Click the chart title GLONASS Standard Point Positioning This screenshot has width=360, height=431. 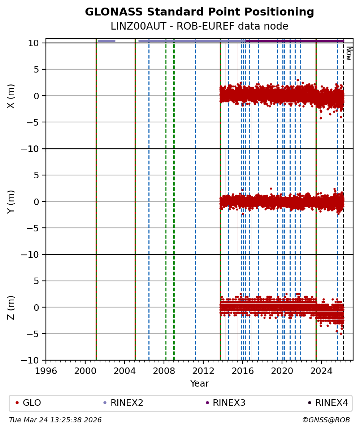199,12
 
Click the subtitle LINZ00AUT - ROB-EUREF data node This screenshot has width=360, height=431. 199,26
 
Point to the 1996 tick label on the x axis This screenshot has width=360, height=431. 46,371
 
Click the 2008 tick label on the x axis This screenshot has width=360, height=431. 164,371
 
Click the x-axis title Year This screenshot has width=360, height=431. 199,384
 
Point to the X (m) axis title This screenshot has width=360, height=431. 11,96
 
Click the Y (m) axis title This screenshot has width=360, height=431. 11,201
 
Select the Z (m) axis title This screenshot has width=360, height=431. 11,307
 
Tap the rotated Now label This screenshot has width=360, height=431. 349,53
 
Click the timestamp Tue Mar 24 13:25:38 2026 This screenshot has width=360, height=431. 55,420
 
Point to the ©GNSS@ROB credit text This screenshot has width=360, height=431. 326,420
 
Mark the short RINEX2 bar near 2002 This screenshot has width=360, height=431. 107,41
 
